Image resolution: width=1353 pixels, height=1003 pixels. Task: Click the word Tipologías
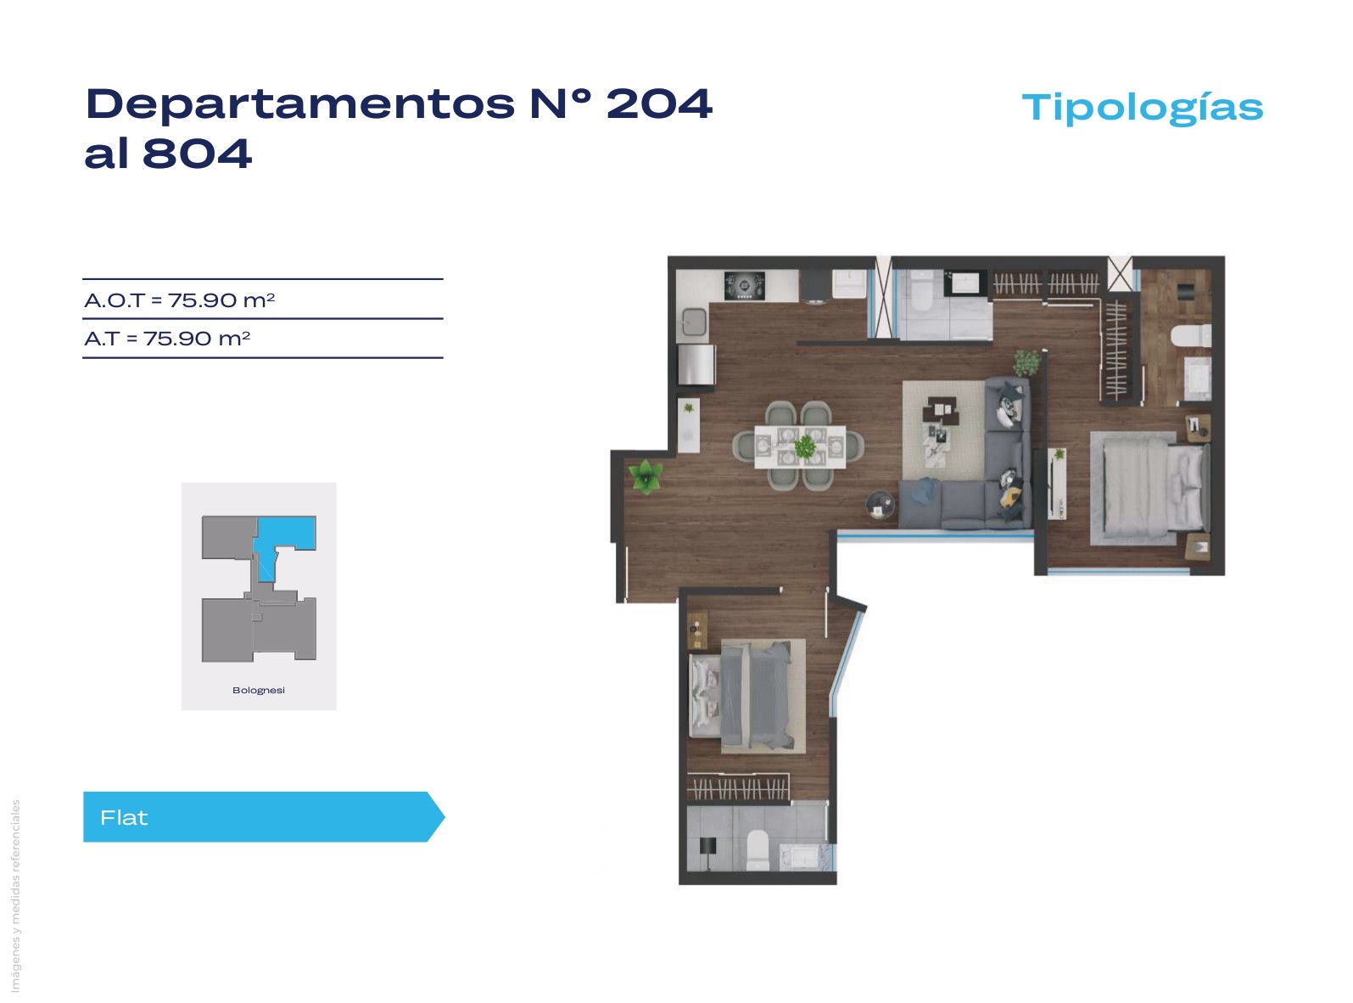point(1142,109)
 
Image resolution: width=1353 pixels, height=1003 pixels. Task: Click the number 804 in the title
point(197,154)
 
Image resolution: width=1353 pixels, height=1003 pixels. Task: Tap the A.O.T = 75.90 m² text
point(179,300)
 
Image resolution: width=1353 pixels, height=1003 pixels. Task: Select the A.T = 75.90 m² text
point(167,339)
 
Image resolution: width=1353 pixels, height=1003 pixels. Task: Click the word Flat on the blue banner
point(124,817)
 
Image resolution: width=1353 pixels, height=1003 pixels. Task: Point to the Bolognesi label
point(259,690)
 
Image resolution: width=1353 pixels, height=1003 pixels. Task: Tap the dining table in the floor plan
point(800,447)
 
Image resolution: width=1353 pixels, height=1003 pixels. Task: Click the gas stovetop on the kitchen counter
point(744,286)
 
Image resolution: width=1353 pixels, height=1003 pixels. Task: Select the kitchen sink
point(694,321)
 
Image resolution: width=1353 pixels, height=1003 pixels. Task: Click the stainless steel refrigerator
point(696,364)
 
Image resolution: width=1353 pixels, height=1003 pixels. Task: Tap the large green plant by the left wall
point(646,475)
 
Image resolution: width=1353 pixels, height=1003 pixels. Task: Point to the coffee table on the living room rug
point(939,410)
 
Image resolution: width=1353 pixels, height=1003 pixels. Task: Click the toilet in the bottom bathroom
point(758,849)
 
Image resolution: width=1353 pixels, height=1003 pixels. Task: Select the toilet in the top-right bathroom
point(1191,336)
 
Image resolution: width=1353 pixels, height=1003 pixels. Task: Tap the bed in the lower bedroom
point(741,695)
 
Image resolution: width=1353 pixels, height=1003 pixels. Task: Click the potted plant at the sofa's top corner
point(1026,362)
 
